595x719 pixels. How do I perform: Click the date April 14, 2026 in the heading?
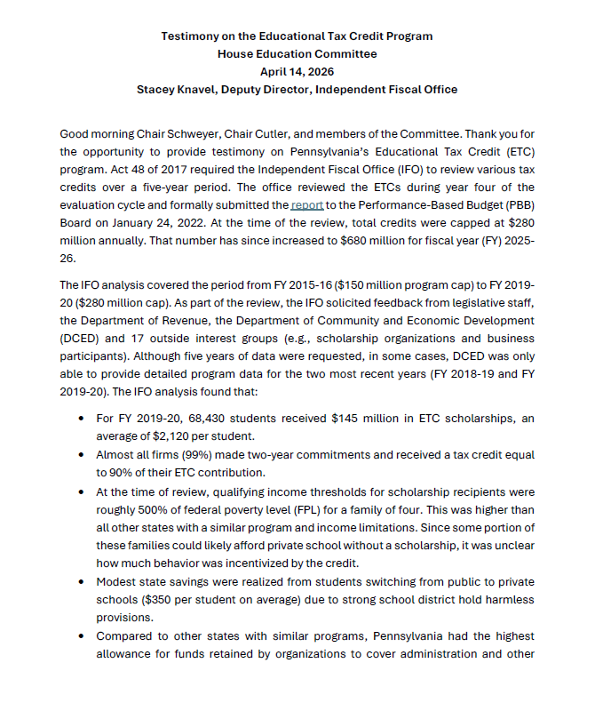(x=297, y=72)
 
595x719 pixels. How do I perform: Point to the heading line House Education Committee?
(x=297, y=54)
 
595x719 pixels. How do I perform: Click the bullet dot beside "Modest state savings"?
(x=82, y=581)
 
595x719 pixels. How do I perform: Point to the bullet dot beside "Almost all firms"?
(x=82, y=454)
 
